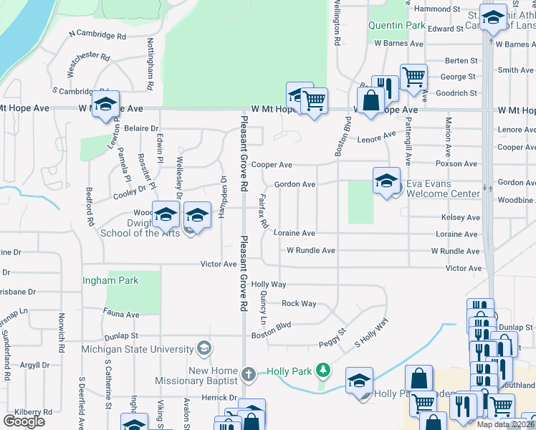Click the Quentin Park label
point(396,26)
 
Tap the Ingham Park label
point(110,280)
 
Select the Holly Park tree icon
point(323,370)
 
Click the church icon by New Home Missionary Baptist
point(248,374)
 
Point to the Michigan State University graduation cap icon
point(204,348)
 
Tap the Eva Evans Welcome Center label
point(442,188)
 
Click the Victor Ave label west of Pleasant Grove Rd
point(219,264)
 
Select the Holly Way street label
point(269,285)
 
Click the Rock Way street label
point(299,304)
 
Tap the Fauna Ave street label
point(121,315)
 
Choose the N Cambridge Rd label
point(97,34)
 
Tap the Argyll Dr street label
point(34,365)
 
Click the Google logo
point(24,421)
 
